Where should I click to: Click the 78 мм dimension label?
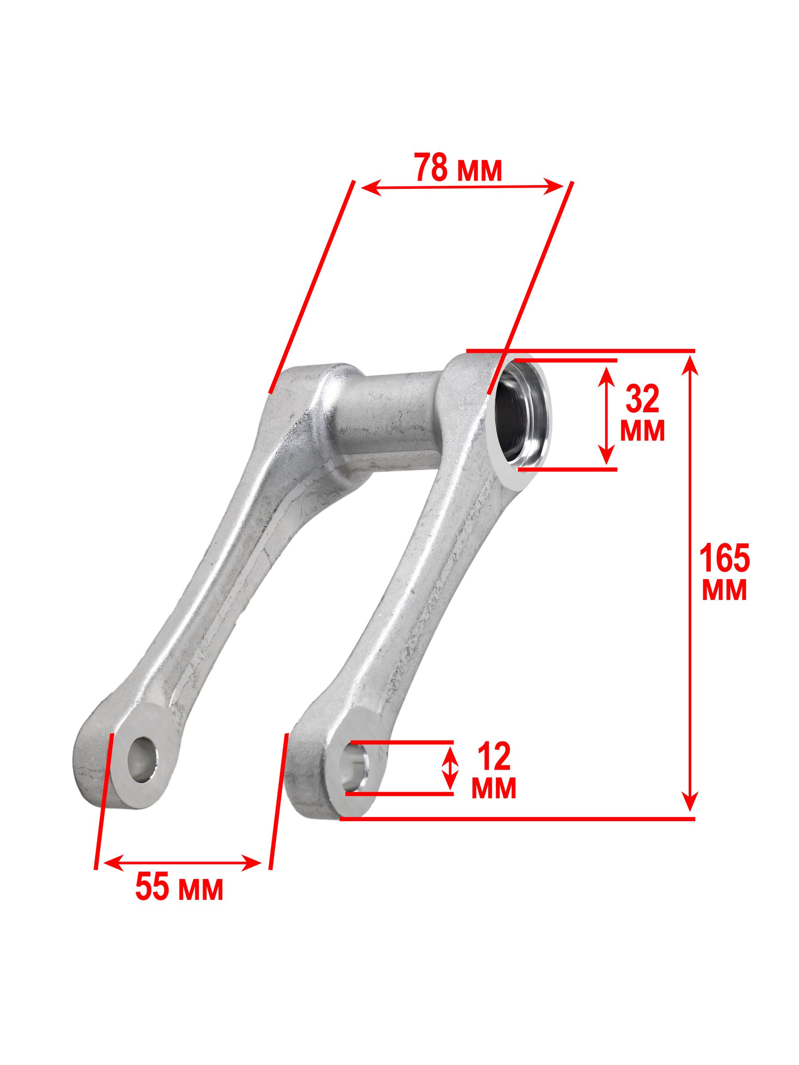(458, 168)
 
